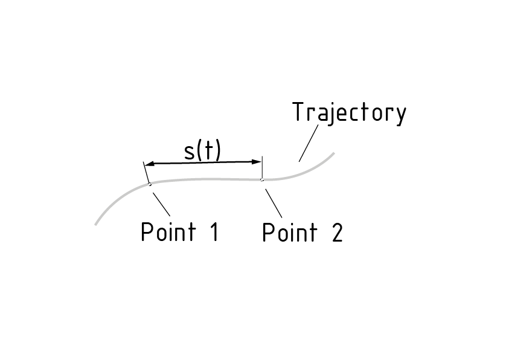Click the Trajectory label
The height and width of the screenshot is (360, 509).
tap(349, 113)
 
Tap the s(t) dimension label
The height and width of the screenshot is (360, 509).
tap(202, 151)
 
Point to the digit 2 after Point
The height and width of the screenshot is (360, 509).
tap(337, 233)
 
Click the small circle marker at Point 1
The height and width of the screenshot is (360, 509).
tap(150, 184)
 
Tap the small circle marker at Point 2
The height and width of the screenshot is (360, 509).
tap(261, 179)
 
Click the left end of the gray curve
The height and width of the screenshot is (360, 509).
tap(96, 224)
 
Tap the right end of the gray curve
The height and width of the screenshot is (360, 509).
tap(333, 153)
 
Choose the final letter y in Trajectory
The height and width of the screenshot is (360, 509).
tap(400, 115)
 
